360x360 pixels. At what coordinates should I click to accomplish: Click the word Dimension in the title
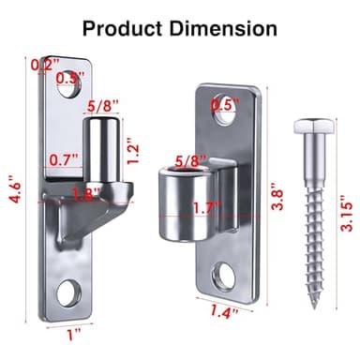pyautogui.click(x=227, y=27)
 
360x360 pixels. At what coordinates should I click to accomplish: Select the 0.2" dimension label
pyautogui.click(x=43, y=65)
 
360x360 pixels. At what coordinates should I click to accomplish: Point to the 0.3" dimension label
pyautogui.click(x=69, y=78)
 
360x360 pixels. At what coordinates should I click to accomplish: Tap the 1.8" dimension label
pyautogui.click(x=86, y=196)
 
